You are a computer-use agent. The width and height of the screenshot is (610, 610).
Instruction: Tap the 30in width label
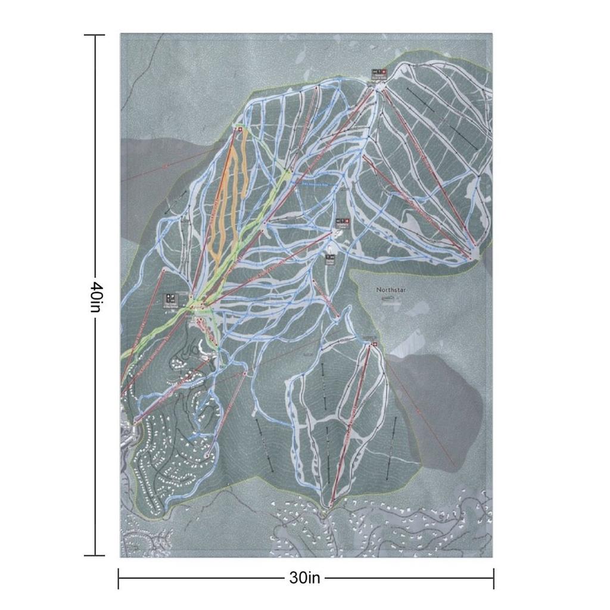[x=305, y=578]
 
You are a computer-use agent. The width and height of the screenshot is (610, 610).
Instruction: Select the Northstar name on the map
[x=390, y=290]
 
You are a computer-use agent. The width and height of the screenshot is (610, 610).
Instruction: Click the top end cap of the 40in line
[x=94, y=35]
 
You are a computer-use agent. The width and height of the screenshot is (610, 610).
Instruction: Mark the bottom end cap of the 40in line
[x=94, y=555]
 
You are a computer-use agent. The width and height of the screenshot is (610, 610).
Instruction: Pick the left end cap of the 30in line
[x=119, y=578]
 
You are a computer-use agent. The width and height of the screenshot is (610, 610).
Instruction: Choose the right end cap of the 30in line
[x=493, y=578]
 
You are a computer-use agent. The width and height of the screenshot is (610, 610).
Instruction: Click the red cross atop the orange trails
[x=240, y=129]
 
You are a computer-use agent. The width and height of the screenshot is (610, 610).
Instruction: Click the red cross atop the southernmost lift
[x=374, y=344]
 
